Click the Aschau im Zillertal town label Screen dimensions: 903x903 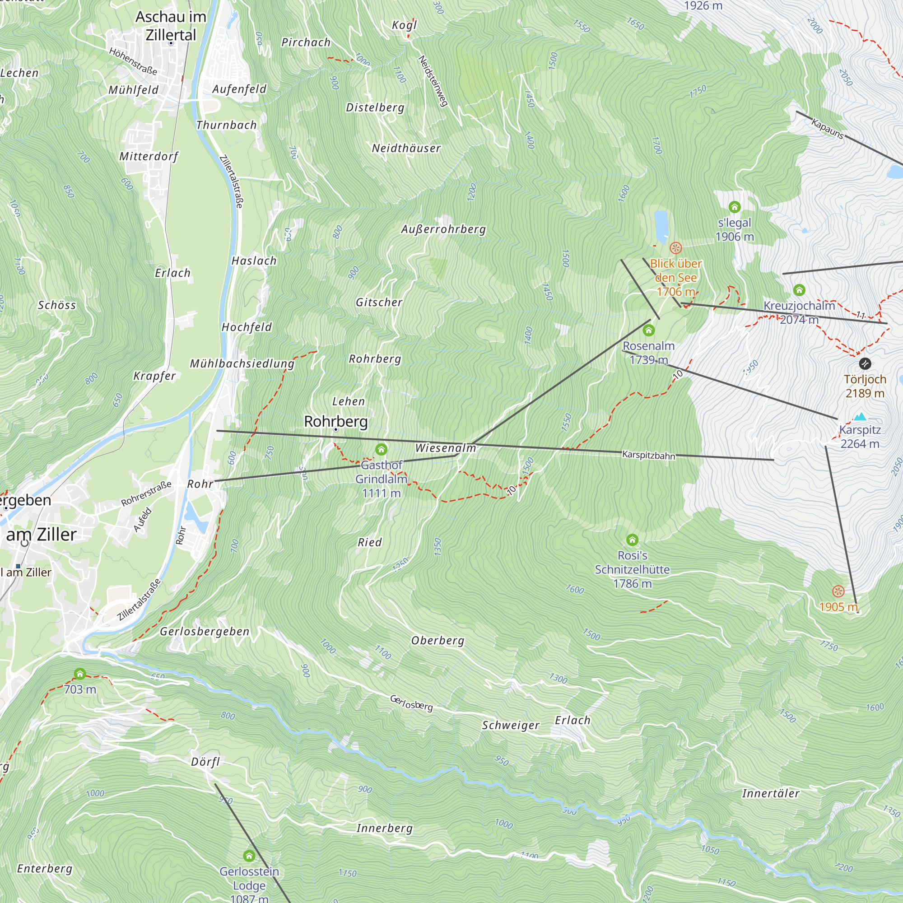click(x=171, y=26)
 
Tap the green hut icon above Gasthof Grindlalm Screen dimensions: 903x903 click(x=382, y=450)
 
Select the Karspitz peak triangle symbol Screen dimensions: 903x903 click(x=860, y=417)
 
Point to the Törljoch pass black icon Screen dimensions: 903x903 click(x=865, y=363)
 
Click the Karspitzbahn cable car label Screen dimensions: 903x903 click(x=648, y=455)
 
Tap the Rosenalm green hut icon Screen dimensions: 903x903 click(x=648, y=331)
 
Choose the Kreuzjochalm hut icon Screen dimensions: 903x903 click(x=799, y=290)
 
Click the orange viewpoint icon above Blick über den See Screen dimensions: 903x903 click(x=676, y=248)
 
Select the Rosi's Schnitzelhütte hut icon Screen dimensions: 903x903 click(x=633, y=540)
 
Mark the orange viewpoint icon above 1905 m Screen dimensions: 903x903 click(x=838, y=591)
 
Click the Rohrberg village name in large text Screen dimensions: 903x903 click(x=335, y=421)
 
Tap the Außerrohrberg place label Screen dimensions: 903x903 click(x=443, y=229)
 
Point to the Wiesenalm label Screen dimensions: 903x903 click(x=446, y=448)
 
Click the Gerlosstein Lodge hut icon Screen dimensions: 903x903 click(x=249, y=856)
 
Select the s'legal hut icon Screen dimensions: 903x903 click(x=734, y=207)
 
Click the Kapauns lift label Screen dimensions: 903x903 click(x=827, y=129)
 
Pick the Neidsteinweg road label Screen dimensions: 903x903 click(x=433, y=81)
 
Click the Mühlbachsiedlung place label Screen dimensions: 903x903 click(x=242, y=363)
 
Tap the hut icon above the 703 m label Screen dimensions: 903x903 click(x=80, y=674)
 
